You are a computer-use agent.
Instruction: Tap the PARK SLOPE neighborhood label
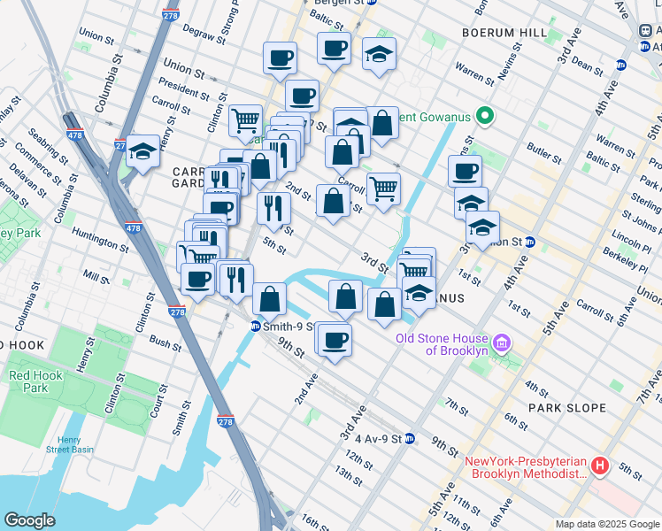coord(566,408)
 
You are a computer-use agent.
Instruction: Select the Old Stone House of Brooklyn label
coord(442,343)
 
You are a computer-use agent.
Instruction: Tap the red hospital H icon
coord(601,464)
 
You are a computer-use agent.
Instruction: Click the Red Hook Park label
coord(28,381)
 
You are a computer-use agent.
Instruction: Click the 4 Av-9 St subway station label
coord(378,438)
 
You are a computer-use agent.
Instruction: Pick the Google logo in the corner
coord(29,519)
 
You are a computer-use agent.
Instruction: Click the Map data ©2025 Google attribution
coord(607,524)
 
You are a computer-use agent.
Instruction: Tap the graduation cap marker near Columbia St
coord(142,152)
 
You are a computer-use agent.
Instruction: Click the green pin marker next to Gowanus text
coord(484,116)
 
